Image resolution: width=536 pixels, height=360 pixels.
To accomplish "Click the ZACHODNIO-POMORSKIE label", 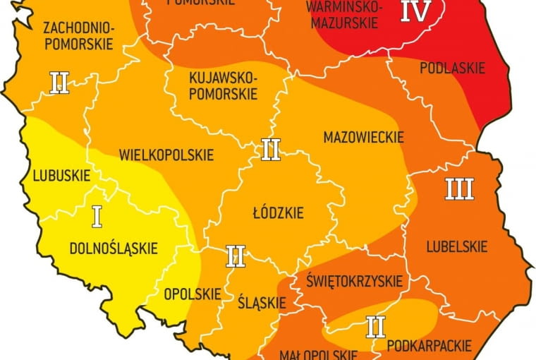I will [78, 36].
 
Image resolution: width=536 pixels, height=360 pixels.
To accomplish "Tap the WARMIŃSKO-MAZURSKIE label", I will [345, 14].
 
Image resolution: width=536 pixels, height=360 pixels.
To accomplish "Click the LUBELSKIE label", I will [456, 246].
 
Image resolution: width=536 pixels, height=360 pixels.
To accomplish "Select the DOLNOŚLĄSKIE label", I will [114, 248].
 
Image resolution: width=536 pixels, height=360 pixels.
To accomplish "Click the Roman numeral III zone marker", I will [459, 188].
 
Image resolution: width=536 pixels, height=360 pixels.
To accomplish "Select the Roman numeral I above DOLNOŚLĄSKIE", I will [97, 217].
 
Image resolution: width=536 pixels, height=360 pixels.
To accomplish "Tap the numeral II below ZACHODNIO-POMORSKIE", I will [59, 83].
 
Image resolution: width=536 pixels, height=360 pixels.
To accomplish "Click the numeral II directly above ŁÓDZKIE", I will [271, 150].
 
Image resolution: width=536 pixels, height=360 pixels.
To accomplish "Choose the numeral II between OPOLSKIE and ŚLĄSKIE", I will [236, 256].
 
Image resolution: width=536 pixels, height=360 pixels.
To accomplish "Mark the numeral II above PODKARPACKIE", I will [375, 326].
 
